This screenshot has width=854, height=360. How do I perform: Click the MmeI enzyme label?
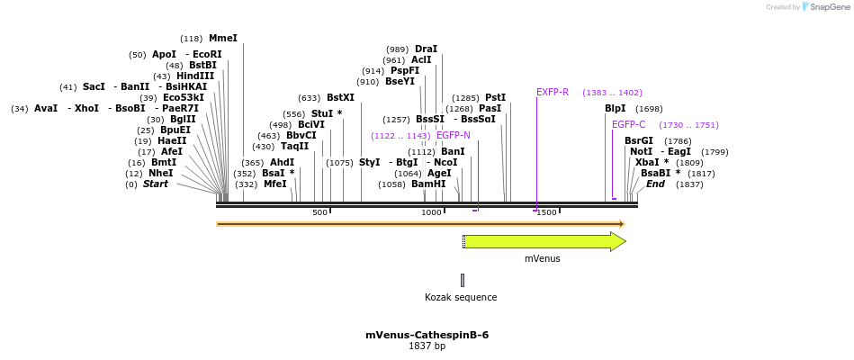coord(223,39)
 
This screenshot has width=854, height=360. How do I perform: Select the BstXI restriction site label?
coord(340,98)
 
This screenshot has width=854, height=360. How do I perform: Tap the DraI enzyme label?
coord(426,49)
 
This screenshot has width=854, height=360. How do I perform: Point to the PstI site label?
coord(495,98)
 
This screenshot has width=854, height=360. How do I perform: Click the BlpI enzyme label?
coord(615,109)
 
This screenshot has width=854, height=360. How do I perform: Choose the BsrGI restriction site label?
coord(639,141)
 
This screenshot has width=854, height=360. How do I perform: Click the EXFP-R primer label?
coord(553,93)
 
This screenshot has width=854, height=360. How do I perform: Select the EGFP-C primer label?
coord(628,125)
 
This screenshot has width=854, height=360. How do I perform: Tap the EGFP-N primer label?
coord(453,136)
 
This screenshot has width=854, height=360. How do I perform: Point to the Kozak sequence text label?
coord(461,297)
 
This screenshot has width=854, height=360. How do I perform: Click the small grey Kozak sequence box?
coord(463,280)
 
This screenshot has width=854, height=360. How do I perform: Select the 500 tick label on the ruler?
coord(319,212)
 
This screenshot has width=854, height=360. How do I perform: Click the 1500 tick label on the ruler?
coord(546,212)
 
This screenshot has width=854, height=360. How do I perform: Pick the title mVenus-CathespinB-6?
coord(427,335)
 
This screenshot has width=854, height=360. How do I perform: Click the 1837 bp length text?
coord(427,346)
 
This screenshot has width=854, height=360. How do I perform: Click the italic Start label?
coord(155,184)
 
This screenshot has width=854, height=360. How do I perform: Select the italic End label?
coord(655,184)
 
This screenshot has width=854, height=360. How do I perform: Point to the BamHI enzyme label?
coord(428,184)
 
